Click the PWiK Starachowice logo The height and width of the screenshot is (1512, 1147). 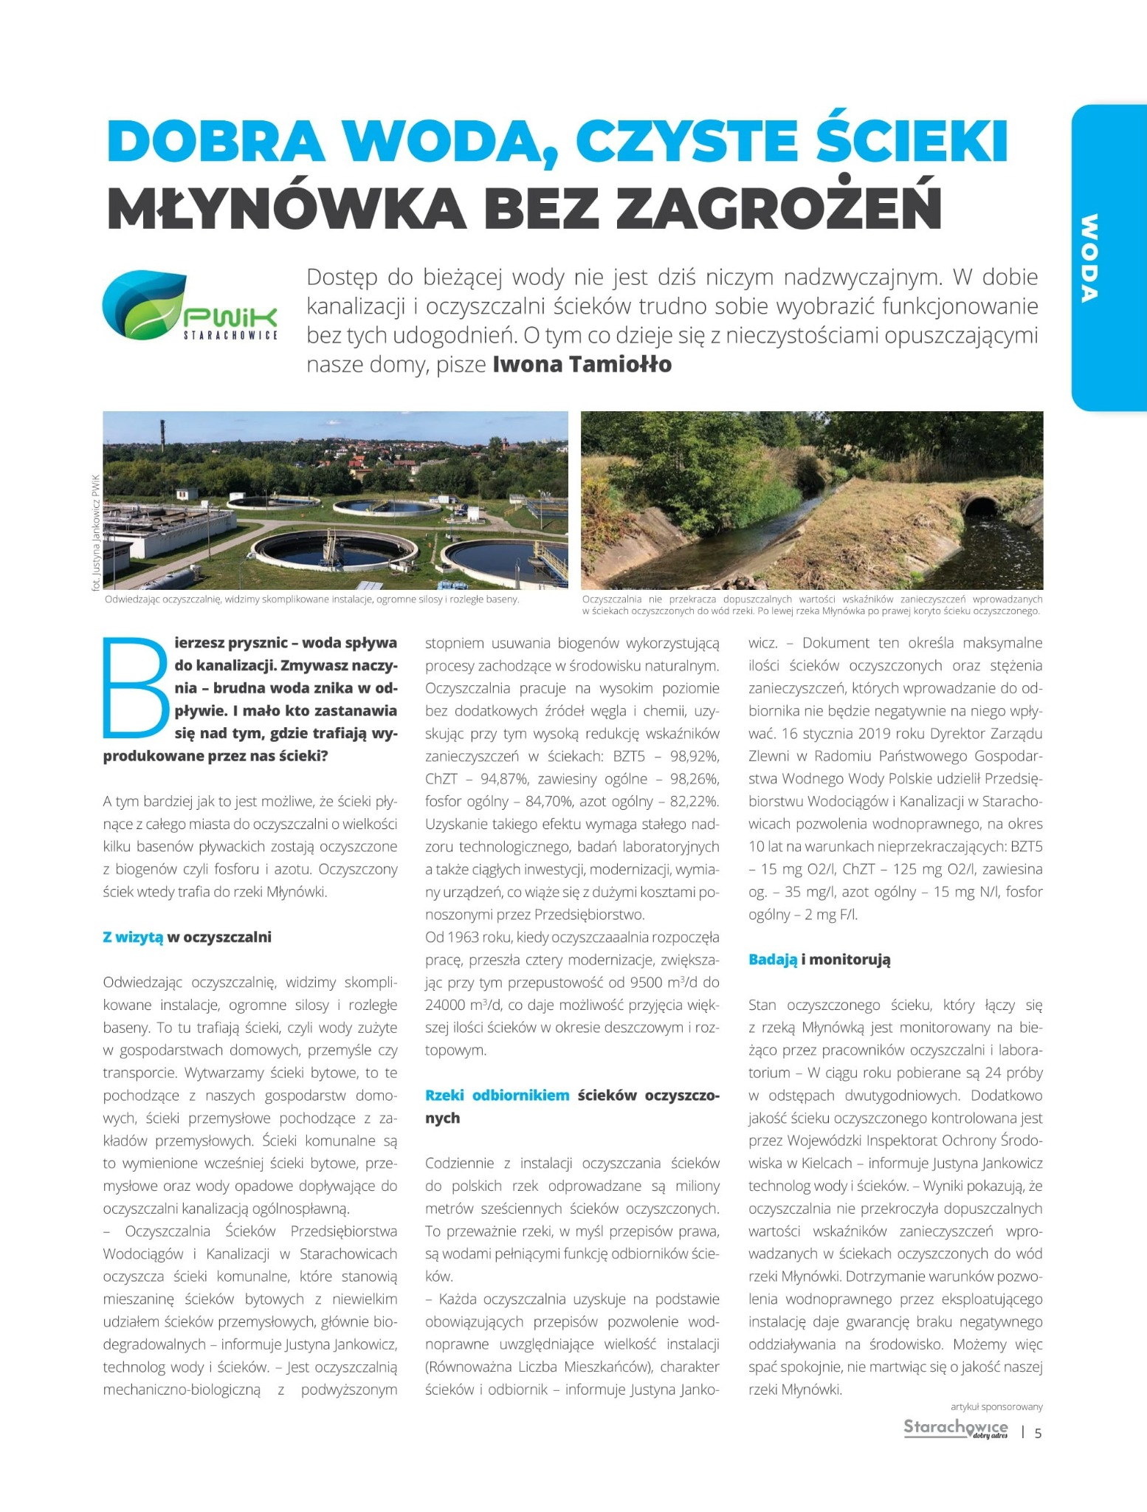(190, 306)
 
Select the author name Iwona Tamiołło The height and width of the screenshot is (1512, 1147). (582, 365)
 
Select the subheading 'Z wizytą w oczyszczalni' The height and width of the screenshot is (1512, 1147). (187, 937)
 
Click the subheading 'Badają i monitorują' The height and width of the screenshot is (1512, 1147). (819, 960)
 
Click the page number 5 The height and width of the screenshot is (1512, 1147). (1038, 1434)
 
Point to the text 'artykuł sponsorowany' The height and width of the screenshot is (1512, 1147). (996, 1407)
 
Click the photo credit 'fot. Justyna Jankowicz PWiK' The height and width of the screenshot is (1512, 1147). (95, 532)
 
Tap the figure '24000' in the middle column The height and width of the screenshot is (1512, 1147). (449, 1005)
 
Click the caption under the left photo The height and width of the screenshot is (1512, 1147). (311, 599)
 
